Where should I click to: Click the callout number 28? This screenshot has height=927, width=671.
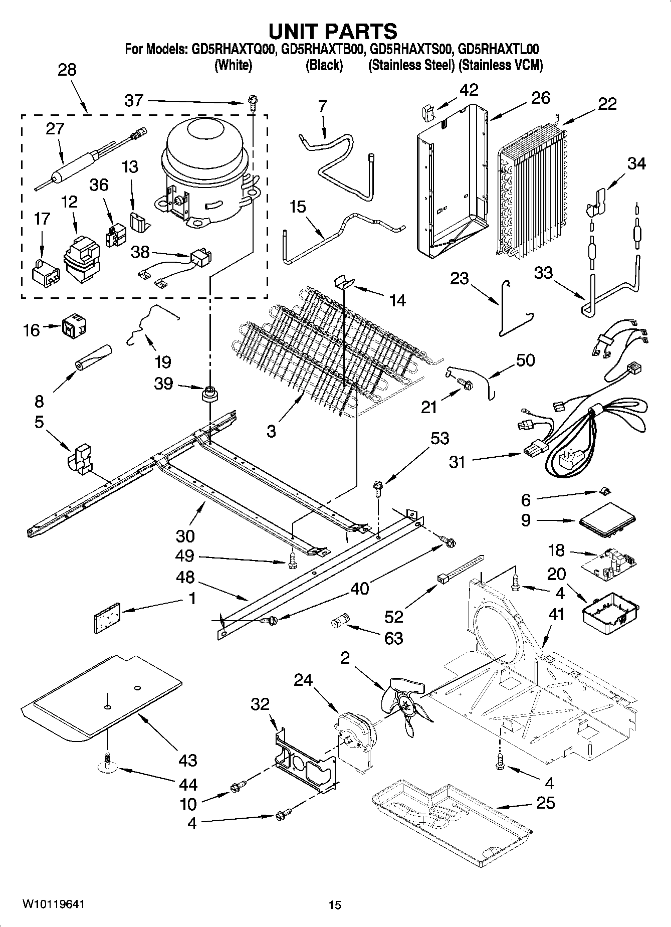click(x=67, y=69)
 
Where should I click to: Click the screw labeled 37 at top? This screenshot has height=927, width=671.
click(x=252, y=103)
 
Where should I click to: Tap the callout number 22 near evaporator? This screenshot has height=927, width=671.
click(x=607, y=104)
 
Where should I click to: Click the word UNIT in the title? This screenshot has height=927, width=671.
click(x=294, y=31)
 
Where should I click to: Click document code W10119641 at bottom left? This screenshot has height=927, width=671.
click(x=53, y=904)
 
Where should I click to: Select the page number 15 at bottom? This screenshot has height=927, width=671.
click(x=335, y=905)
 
